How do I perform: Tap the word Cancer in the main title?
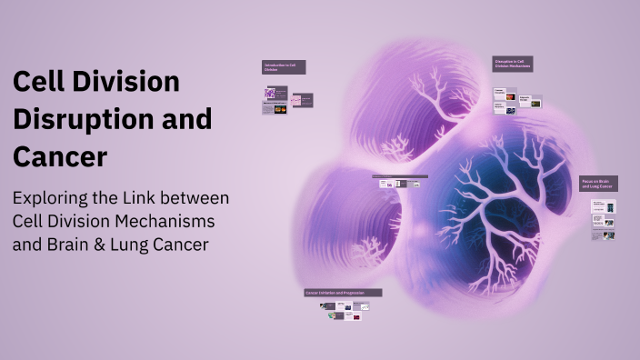coord(60,156)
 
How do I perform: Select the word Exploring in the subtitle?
coord(54,198)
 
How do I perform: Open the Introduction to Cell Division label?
coord(284,66)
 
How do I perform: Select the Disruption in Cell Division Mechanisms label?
coord(514,64)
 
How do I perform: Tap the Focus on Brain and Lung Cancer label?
coord(598,184)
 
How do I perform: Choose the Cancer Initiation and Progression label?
coord(343,293)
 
